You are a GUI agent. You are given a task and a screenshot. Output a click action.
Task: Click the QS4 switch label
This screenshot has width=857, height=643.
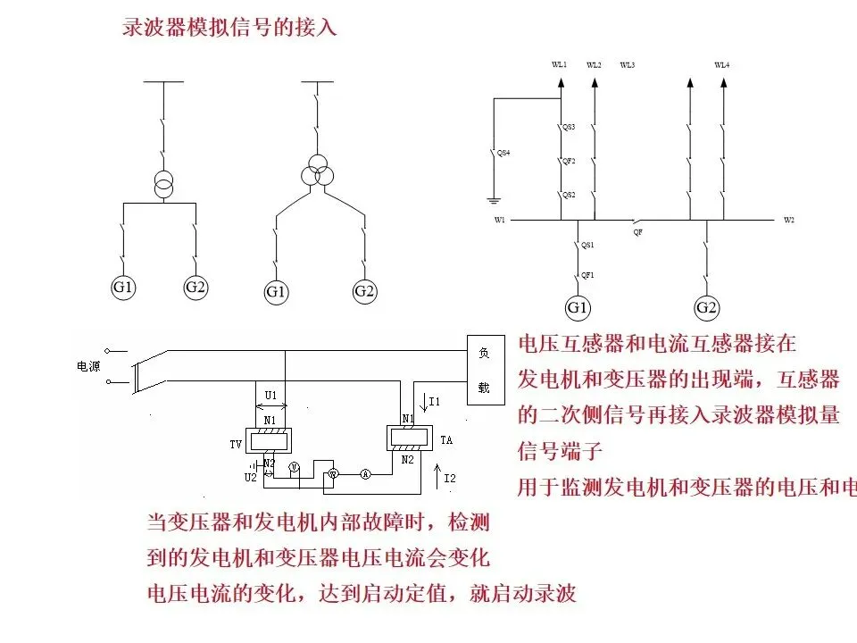coord(503,154)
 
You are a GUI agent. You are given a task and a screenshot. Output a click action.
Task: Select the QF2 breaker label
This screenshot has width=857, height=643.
coord(568,161)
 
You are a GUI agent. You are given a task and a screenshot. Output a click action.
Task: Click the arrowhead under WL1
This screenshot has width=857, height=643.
coord(560,83)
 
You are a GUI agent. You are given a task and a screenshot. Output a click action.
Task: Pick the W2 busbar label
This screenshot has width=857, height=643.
coord(788,220)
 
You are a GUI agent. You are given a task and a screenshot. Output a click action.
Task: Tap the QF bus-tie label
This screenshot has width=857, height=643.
coord(637,230)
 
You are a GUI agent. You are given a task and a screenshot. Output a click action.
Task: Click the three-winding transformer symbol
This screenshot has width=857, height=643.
coord(315,174)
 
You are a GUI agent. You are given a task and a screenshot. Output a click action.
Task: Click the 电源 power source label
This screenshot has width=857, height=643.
coord(90,367)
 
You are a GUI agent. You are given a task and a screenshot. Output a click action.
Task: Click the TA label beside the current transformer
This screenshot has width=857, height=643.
coord(446,440)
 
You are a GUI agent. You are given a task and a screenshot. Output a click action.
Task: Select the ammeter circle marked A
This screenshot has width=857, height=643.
coord(365,474)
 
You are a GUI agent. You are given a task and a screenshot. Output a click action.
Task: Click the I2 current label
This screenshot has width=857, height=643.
coord(449,479)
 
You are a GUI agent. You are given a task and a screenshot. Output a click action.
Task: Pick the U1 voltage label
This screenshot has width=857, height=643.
coord(271,394)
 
